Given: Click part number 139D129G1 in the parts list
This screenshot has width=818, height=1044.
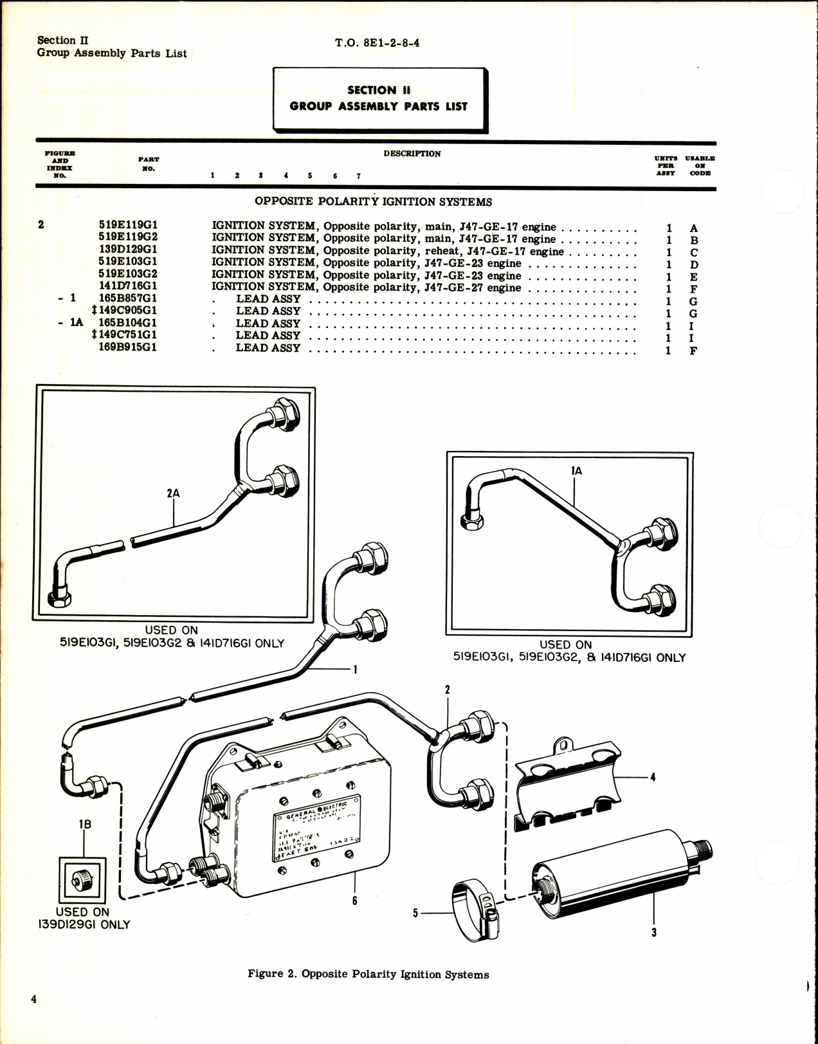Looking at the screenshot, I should coord(128,250).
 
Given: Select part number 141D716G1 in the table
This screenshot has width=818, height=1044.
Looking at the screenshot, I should coord(128,286).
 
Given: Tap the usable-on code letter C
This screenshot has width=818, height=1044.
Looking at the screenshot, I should coord(694,252).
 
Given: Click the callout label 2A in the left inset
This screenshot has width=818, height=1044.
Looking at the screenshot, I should coord(173,493).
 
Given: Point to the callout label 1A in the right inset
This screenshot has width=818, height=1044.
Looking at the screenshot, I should coord(576,471).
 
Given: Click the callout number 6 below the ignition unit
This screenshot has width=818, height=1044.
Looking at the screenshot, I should coord(354,901).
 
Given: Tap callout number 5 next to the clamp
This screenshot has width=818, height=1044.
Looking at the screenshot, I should coord(415,912).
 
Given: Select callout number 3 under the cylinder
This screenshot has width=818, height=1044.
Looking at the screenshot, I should coord(654,932).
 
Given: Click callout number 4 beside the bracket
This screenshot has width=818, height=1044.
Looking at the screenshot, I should coord(653,777).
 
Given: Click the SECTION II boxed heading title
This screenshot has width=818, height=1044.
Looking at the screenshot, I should coord(378,98).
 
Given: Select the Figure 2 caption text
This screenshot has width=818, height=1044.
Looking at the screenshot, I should coord(368,975).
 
